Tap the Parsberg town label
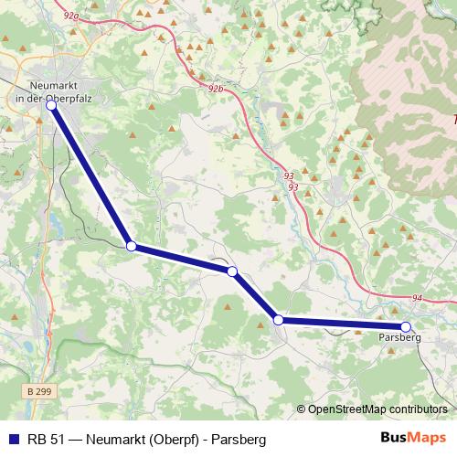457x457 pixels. tap(399, 337)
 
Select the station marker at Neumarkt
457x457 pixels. tap(51, 106)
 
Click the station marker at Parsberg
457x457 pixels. tap(406, 326)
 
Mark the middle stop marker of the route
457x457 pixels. tap(232, 271)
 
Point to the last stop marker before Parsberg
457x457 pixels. tap(278, 320)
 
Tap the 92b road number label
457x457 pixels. tap(216, 89)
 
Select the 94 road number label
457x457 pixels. tap(417, 298)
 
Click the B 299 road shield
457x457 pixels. tap(38, 391)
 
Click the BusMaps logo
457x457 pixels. tap(412, 439)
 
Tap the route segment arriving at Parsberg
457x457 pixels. tap(343, 323)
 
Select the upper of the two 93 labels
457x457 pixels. tap(290, 175)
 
